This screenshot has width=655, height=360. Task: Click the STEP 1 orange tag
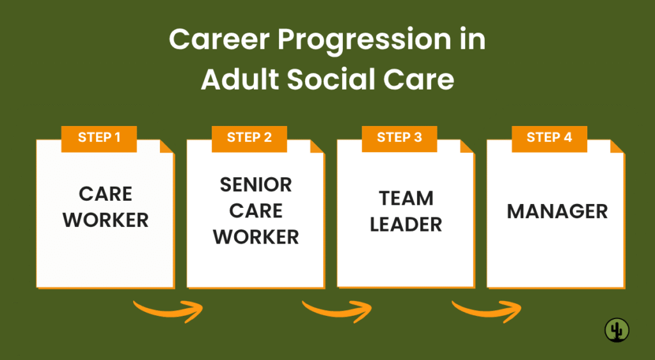(99, 138)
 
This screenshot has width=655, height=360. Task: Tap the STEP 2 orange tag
(249, 138)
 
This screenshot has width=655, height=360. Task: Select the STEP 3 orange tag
(399, 138)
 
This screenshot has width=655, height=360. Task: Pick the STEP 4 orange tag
(549, 138)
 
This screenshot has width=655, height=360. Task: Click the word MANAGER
(557, 212)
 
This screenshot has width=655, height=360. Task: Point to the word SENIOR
(256, 185)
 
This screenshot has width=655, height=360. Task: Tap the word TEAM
(406, 198)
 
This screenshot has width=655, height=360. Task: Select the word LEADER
(406, 224)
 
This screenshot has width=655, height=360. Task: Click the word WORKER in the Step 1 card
(106, 220)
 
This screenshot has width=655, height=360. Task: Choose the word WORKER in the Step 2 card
(256, 237)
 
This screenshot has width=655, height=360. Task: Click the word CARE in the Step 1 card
(106, 194)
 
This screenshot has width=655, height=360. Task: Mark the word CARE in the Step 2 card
(256, 210)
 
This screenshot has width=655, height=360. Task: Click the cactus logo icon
(617, 330)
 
